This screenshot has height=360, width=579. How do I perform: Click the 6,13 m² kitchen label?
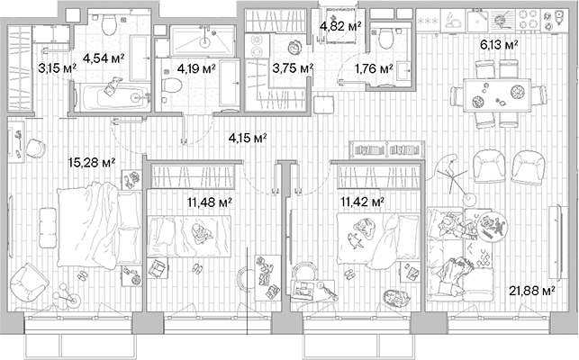[498, 43]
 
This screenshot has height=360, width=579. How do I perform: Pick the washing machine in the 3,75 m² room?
[292, 48]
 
